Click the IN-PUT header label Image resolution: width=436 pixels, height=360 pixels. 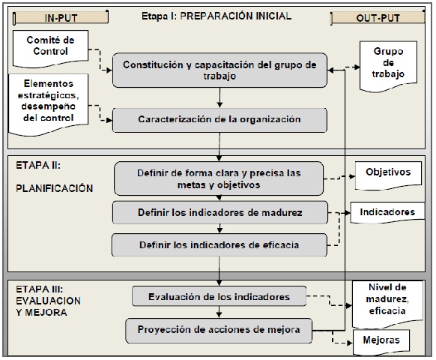pos(58,16)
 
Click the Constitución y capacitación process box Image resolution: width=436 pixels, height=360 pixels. pos(219,70)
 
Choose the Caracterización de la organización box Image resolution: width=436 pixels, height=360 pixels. pos(219,119)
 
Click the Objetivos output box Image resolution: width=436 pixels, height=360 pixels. pos(387,172)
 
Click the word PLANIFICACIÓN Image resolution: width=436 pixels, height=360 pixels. pos(54,188)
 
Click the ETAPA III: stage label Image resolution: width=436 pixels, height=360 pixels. pos(40,287)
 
